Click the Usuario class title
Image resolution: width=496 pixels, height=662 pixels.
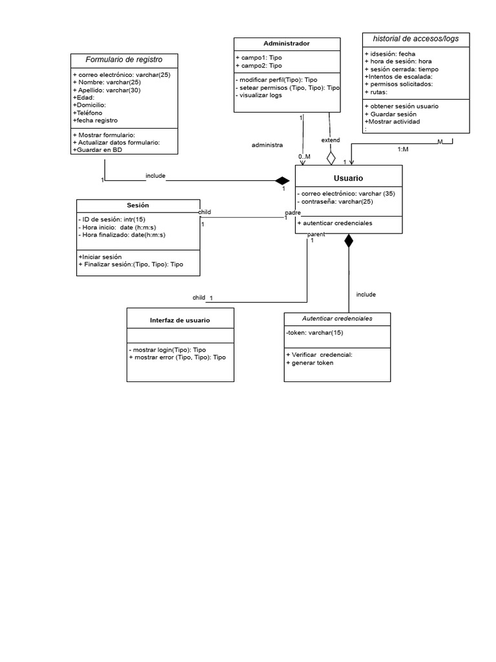(348, 178)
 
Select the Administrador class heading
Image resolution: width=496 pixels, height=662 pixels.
(287, 44)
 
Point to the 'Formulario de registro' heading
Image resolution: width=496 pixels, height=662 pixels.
(124, 60)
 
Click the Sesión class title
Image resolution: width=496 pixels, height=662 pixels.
(138, 205)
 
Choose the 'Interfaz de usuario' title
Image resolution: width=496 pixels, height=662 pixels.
(180, 320)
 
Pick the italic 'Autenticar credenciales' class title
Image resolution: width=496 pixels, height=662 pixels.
(337, 319)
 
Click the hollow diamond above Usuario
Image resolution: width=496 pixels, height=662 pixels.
(331, 158)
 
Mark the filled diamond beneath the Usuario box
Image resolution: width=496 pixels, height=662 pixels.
(349, 241)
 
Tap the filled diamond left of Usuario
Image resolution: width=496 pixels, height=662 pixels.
(282, 180)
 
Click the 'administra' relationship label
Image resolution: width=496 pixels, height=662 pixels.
(267, 145)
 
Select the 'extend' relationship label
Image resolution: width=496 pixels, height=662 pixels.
(331, 140)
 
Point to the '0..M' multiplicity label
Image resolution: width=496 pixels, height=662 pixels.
(304, 157)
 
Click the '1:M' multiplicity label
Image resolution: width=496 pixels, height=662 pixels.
(402, 149)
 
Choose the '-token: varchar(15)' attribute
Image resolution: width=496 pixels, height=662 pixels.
(315, 333)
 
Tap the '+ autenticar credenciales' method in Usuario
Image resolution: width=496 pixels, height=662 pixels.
(335, 223)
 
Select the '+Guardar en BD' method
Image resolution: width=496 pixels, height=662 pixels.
(98, 150)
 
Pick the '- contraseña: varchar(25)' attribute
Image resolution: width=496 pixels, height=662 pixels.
(335, 202)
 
